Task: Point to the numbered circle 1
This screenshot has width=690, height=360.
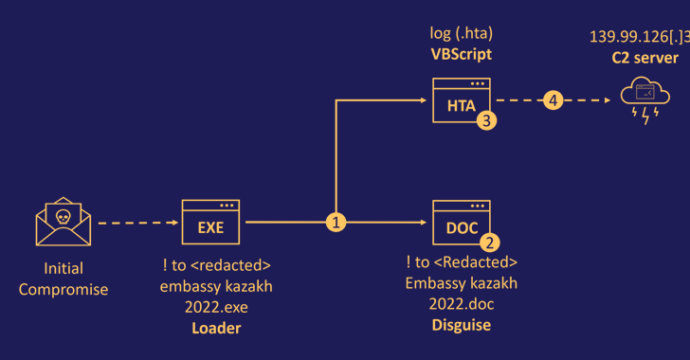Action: [x=335, y=223]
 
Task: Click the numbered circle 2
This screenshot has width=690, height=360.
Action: [x=489, y=243]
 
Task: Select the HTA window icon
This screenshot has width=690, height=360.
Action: [x=462, y=101]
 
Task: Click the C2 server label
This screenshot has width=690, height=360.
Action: [x=645, y=58]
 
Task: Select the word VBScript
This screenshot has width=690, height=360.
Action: [x=462, y=54]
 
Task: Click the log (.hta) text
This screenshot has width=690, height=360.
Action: [x=462, y=34]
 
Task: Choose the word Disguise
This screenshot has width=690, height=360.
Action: [x=462, y=325]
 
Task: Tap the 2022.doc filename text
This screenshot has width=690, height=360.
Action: [x=462, y=303]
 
